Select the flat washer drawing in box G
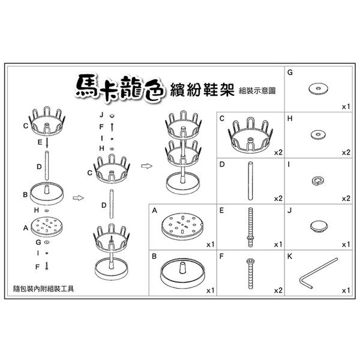coord(318,89)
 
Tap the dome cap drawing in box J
coord(319,226)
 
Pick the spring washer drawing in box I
coord(317,181)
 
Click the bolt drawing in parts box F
coord(250,274)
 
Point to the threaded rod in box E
coord(250,227)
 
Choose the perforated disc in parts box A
coord(182,226)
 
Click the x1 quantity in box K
coord(346,290)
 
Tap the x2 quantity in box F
coord(278,290)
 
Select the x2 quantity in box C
coord(278,152)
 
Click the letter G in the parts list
coord(290,73)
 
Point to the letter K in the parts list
coord(290,256)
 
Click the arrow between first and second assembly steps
coord(78,197)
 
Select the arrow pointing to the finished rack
coord(146,166)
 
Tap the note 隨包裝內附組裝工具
coord(44,289)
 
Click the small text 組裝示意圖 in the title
coord(257,91)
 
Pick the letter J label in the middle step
coord(102,115)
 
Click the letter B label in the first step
coord(25,194)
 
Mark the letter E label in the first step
coord(40,142)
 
